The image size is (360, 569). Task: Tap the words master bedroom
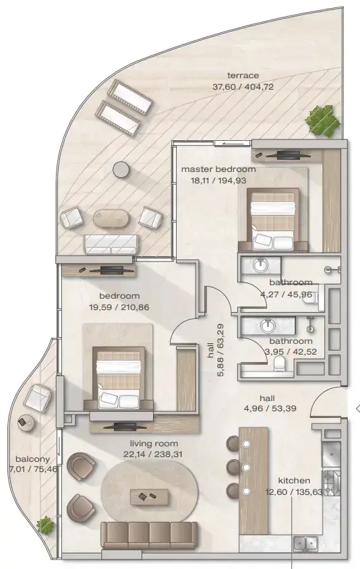point(218,169)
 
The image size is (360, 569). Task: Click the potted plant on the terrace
point(322,122)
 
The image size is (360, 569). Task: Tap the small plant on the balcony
point(46,524)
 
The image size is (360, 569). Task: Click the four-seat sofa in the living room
point(149,535)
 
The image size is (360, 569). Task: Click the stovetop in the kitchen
point(331,482)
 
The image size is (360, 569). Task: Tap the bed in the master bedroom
point(272,220)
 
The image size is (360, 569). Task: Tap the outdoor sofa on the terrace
point(110,243)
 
